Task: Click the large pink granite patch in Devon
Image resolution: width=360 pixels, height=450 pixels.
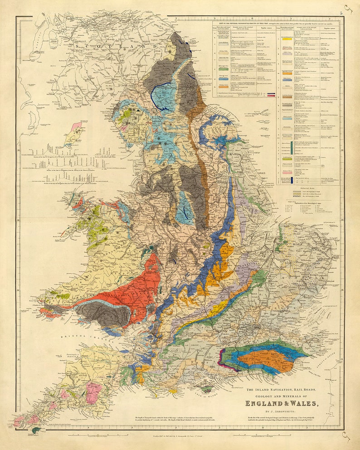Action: point(94,392)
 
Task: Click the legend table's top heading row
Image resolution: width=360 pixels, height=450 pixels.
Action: point(276,21)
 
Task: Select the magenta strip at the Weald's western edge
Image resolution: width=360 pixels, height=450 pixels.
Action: point(222,363)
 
